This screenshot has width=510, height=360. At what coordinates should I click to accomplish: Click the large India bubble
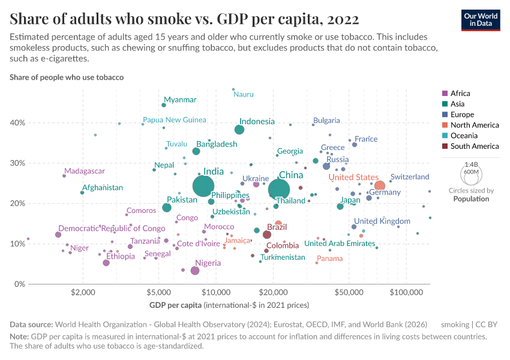coord(205,186)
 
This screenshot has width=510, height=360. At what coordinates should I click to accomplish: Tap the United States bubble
coord(379,185)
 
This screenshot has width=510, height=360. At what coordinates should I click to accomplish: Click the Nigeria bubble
coord(195,271)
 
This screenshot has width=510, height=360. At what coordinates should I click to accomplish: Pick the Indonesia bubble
coord(239,130)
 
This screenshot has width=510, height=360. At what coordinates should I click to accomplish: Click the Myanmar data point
coord(164,105)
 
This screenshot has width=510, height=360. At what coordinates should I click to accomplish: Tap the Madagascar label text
coord(85,171)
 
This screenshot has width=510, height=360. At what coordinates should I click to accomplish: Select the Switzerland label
coord(410,177)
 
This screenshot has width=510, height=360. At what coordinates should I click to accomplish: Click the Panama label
coord(330,259)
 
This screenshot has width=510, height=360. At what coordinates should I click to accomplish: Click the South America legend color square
coord(444,146)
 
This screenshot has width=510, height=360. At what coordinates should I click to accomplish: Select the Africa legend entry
coord(460,94)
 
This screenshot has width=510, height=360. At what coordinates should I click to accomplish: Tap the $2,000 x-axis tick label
coord(83,293)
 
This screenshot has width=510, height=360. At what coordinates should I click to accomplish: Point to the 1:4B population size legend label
coord(471,164)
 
